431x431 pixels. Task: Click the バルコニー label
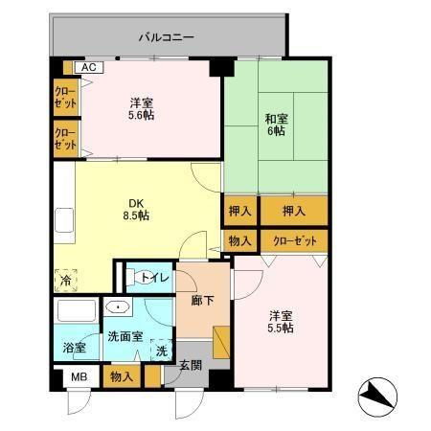pyautogui.click(x=166, y=38)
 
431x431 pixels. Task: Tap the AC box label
pyautogui.click(x=88, y=68)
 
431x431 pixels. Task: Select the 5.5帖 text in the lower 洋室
pyautogui.click(x=281, y=328)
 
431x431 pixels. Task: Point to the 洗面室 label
pyautogui.click(x=124, y=337)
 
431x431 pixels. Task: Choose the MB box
pyautogui.click(x=78, y=377)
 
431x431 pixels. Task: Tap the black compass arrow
pyautogui.click(x=377, y=395)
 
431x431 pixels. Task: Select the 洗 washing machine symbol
pyautogui.click(x=162, y=352)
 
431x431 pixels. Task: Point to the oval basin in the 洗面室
pyautogui.click(x=117, y=308)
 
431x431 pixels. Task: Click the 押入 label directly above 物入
pyautogui.click(x=240, y=210)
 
